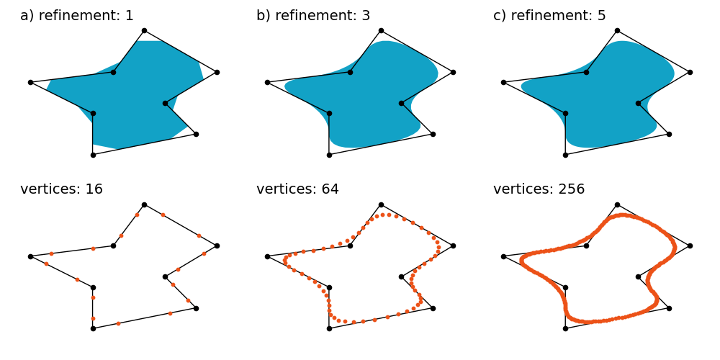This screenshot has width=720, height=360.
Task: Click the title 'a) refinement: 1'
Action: [77, 16]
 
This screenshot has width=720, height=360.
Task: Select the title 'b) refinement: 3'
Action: [313, 16]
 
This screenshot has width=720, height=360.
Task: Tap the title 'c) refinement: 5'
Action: [549, 16]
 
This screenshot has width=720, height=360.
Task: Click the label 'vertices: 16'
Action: [61, 189]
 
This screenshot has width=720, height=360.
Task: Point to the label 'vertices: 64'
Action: [297, 189]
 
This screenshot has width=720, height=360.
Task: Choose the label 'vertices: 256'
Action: [539, 189]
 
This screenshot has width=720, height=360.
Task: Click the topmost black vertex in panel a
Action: [144, 30]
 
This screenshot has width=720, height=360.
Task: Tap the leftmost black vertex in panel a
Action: [30, 82]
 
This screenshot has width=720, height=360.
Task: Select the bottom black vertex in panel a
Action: [93, 155]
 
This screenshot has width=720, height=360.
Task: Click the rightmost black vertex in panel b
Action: [453, 72]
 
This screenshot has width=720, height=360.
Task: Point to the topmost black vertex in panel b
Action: [381, 30]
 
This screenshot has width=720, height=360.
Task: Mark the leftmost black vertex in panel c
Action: [503, 82]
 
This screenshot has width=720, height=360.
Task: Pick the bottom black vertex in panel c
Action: [565, 155]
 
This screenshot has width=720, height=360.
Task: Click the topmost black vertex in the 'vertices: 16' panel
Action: [144, 204]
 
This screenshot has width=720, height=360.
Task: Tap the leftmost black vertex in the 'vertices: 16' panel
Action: [30, 256]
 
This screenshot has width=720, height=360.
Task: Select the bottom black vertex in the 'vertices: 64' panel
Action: [329, 328]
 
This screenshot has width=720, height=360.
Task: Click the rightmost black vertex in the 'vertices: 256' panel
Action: [690, 246]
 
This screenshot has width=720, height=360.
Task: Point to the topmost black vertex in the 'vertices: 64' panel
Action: [381, 204]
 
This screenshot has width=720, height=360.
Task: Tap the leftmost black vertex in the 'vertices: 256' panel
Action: [503, 256]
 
